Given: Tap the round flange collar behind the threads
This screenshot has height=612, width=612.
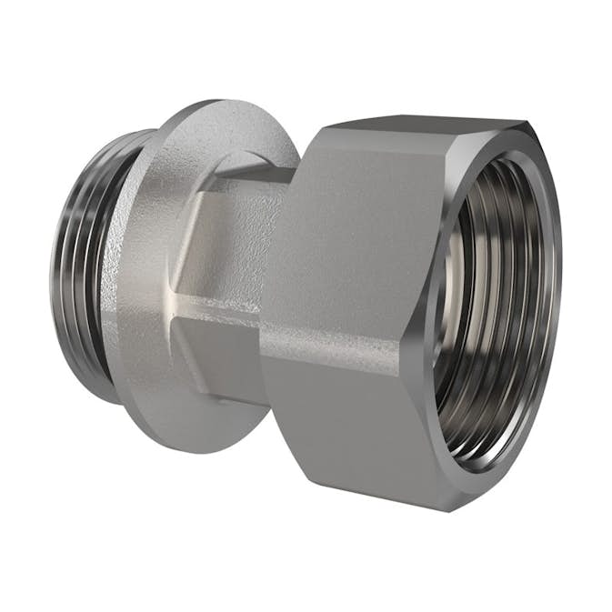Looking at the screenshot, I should pyautogui.click(x=145, y=273).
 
